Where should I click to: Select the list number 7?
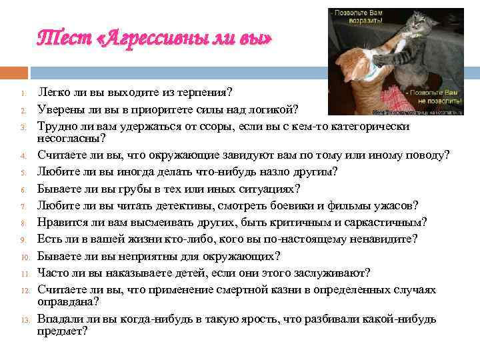(23, 206)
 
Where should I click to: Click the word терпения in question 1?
(203, 92)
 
